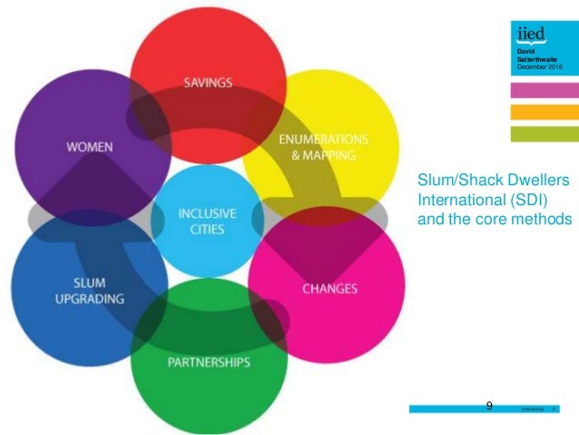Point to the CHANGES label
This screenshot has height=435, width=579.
pos(329,290)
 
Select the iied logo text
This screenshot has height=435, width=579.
pos(530,37)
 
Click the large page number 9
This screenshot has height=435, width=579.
pos(490,405)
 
